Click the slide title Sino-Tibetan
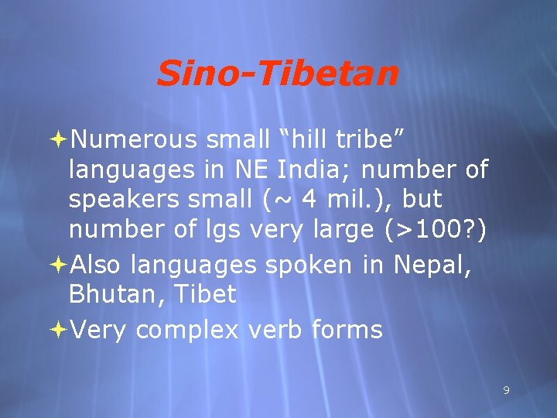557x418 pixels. coord(278,74)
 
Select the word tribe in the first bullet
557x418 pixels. coord(366,139)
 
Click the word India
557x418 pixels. coord(306,169)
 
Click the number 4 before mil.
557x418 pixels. coord(309,200)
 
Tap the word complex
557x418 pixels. coord(188,330)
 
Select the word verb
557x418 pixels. coord(276,330)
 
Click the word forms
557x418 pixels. coord(347,330)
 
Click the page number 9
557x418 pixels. coord(506,390)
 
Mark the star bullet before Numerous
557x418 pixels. coord(60,139)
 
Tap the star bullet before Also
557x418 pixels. coord(60,265)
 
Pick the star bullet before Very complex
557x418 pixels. coord(60,330)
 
